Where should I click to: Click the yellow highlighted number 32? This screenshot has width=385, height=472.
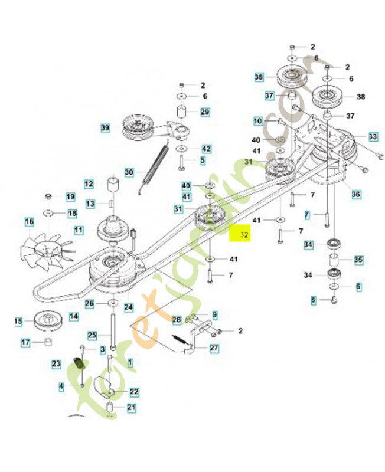[x=244, y=234]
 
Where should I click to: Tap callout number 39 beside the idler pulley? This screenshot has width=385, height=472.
[x=106, y=127]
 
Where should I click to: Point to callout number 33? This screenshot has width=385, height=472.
[x=373, y=136]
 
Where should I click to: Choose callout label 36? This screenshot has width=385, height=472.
[x=355, y=194]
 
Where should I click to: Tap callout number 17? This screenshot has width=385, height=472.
[x=25, y=342]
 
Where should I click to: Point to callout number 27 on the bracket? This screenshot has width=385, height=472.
[x=214, y=348]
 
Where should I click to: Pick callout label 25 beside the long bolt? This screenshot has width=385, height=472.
[x=92, y=335]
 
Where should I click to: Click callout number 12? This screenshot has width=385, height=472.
[x=89, y=183]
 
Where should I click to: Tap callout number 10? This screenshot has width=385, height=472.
[x=258, y=121]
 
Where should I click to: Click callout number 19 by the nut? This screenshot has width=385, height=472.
[x=70, y=196]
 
